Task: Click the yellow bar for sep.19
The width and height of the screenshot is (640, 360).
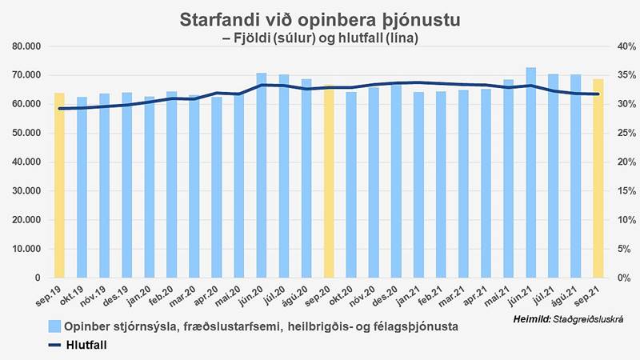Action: pos(59,186)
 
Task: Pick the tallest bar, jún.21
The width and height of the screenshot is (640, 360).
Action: pos(530,173)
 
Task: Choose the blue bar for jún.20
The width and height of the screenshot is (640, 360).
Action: pos(262,175)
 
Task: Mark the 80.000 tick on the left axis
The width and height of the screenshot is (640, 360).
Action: pos(27,46)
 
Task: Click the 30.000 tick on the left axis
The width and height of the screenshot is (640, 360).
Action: pos(27,191)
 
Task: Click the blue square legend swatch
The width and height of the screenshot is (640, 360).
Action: pos(54,326)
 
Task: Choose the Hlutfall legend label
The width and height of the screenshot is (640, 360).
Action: pos(86,345)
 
